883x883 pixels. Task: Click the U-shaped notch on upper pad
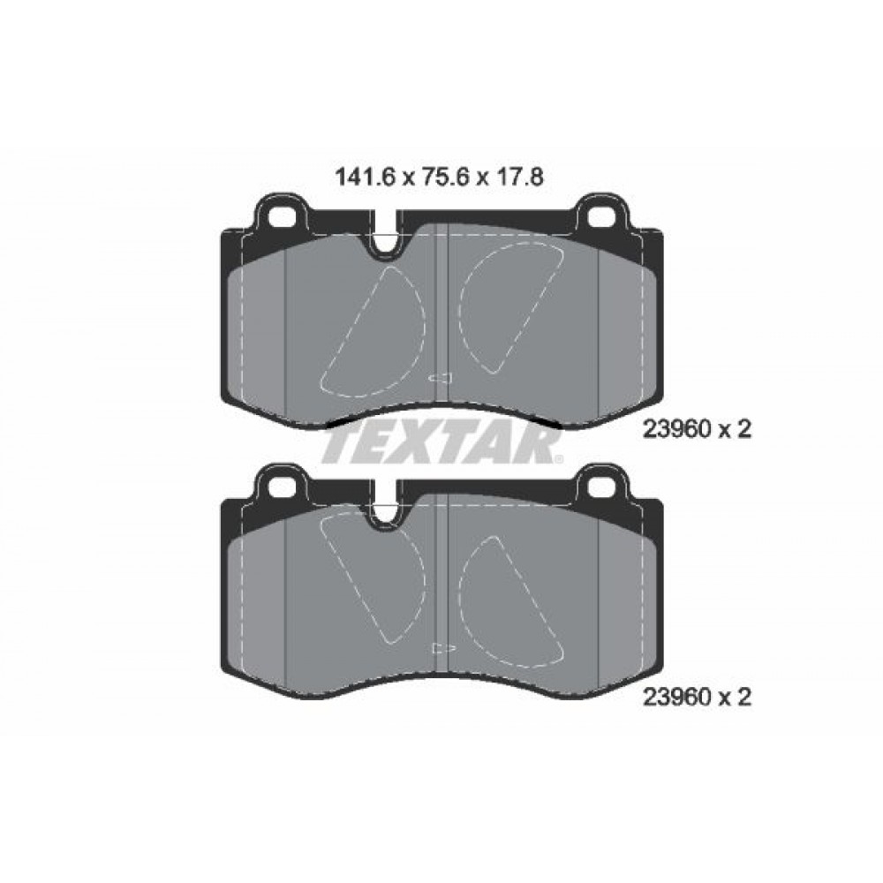[386, 242]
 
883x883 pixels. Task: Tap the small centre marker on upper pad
[441, 379]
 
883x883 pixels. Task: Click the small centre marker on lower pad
[441, 647]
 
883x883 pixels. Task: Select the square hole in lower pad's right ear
[601, 486]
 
